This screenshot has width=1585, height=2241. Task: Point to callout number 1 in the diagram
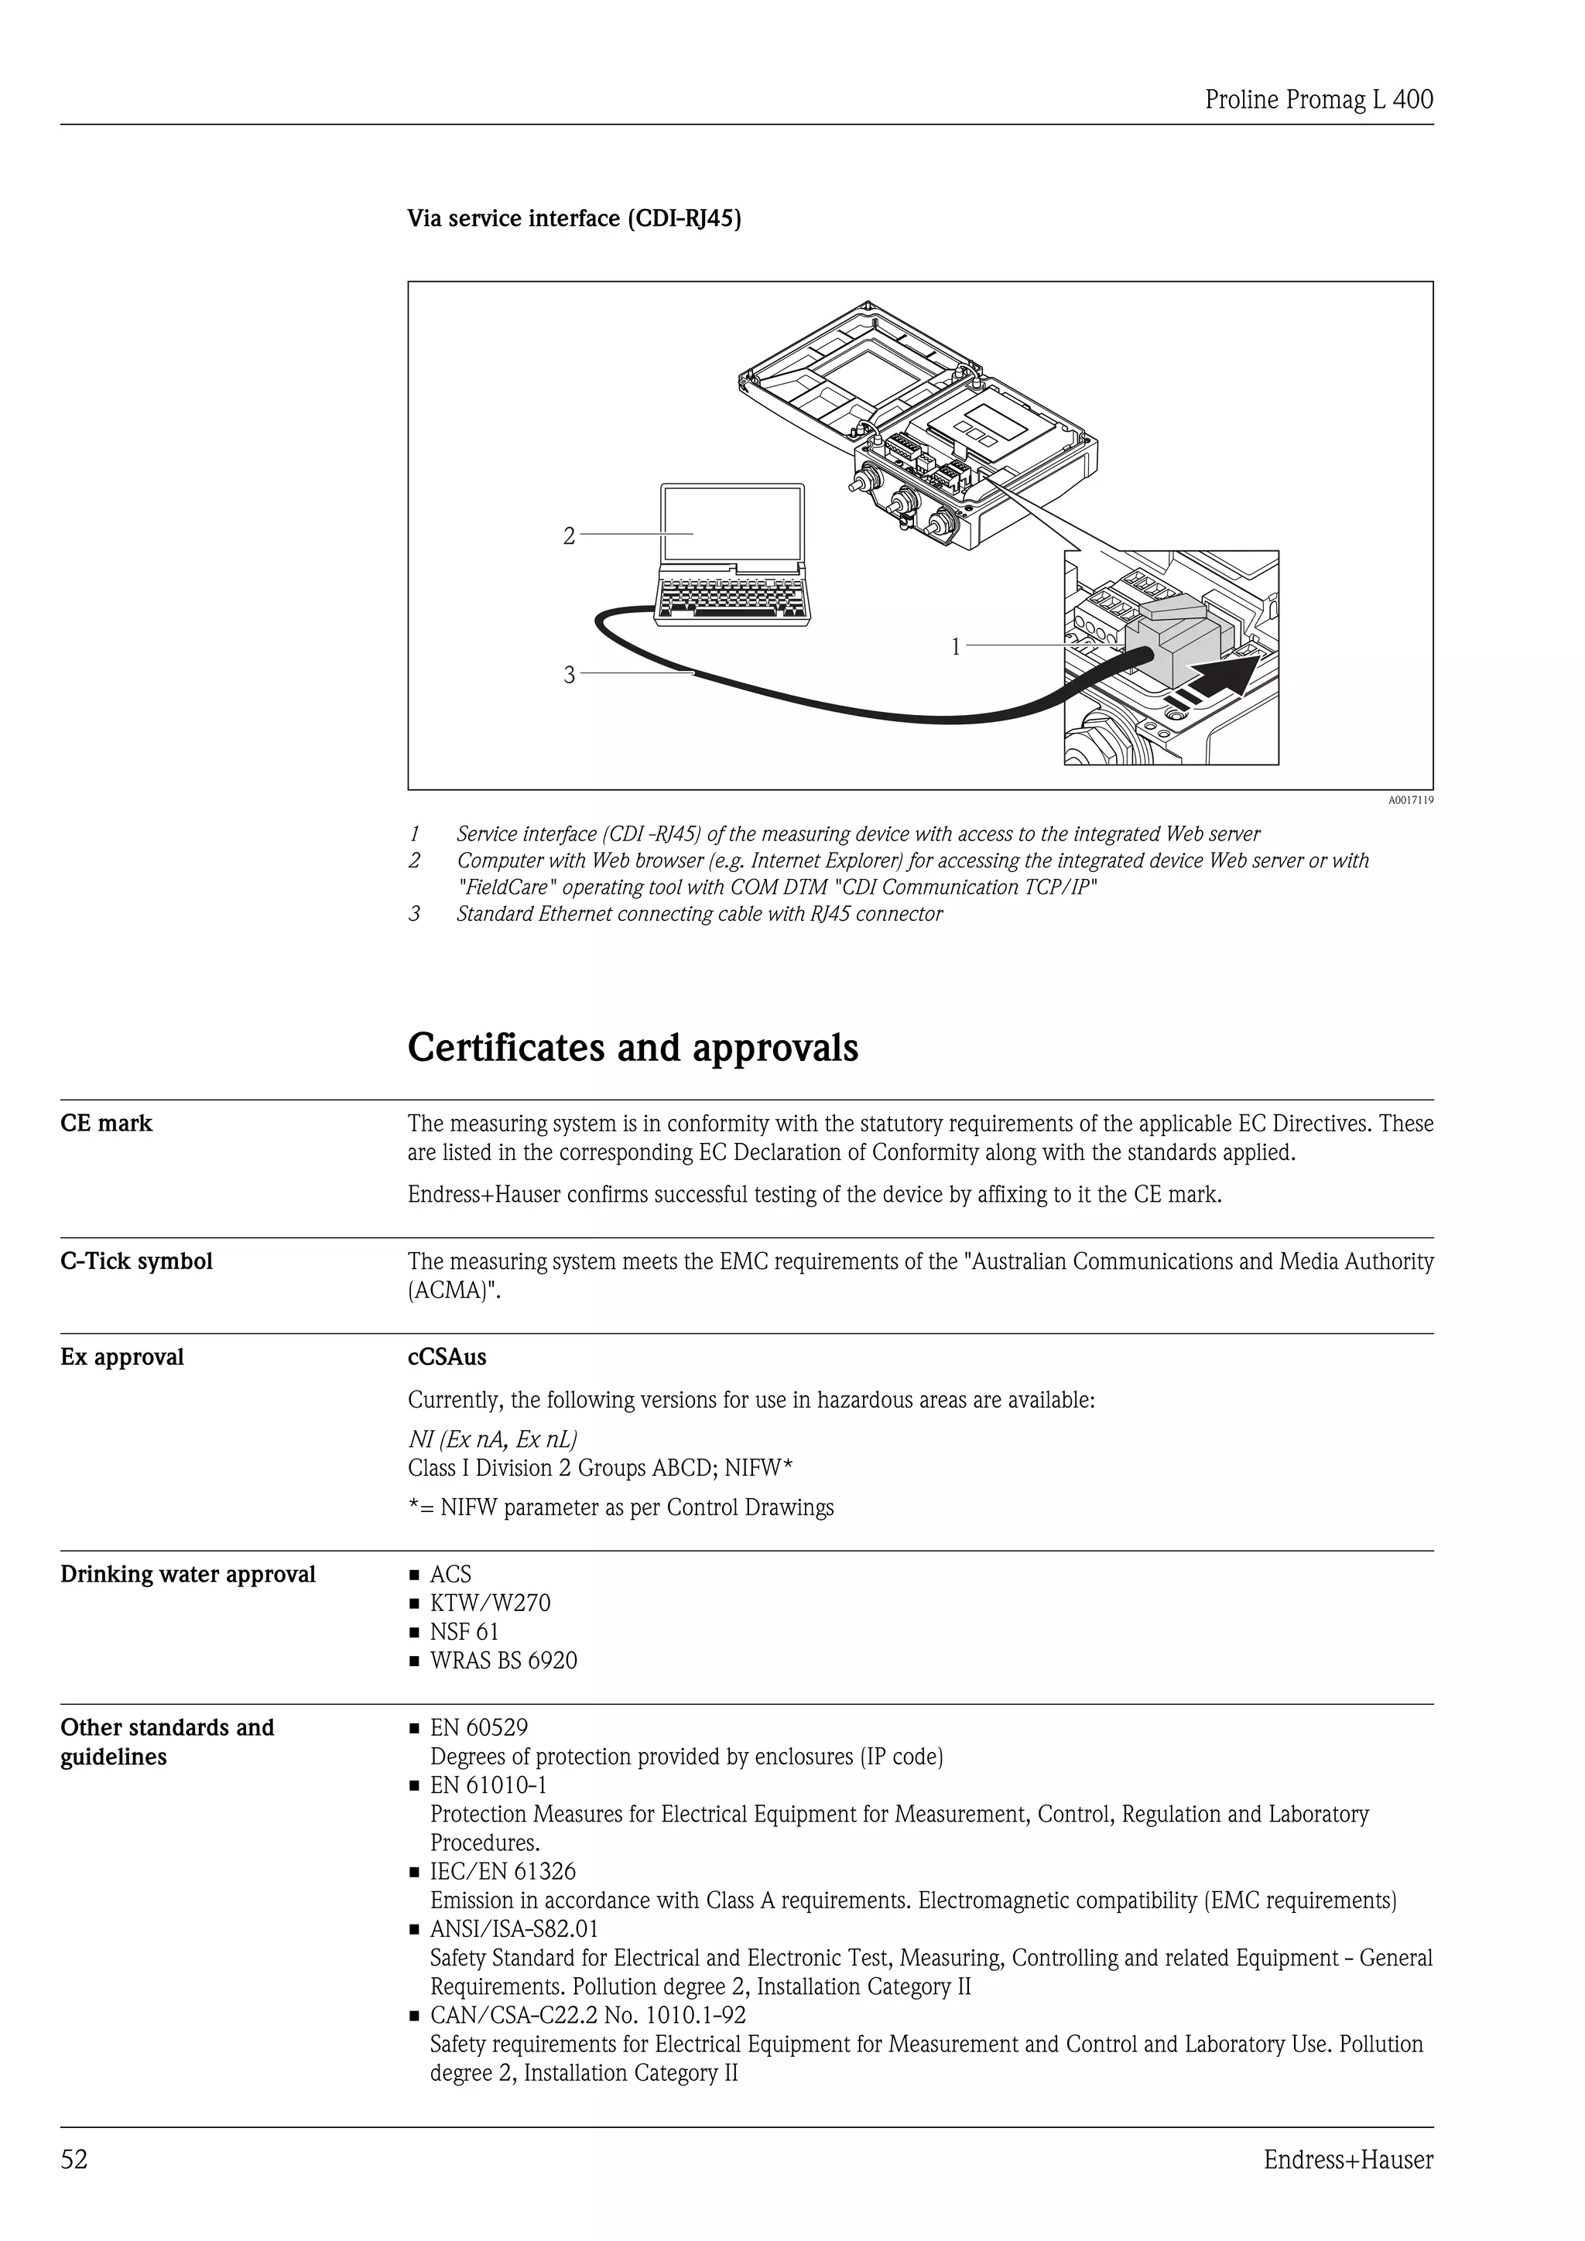(956, 646)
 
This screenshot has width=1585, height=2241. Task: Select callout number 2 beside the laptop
(569, 535)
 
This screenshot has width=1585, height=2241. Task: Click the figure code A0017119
(1410, 800)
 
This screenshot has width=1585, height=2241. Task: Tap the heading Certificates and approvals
(632, 1047)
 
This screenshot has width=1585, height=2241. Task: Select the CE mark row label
(106, 1124)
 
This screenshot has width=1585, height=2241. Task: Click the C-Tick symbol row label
(135, 1261)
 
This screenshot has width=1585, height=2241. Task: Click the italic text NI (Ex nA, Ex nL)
(492, 1439)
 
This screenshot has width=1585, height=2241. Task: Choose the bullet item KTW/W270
(490, 1603)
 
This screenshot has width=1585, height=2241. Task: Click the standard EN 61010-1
(488, 1785)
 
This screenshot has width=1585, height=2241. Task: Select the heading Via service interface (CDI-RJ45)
(574, 219)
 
